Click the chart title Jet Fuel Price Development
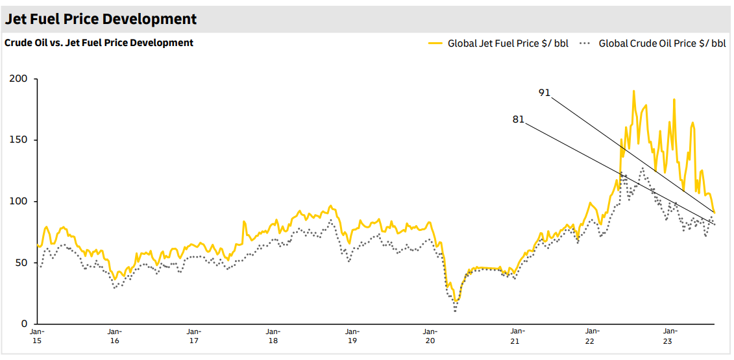coord(101,19)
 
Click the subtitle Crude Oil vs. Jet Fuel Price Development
coord(99,43)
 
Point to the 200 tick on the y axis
coord(19,79)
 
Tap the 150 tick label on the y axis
coord(19,140)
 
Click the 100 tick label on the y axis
coord(19,202)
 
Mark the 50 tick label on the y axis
coord(21,263)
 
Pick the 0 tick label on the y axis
coord(24,324)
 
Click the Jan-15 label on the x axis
coord(36,336)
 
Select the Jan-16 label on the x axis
coord(115,336)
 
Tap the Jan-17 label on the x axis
coord(193,336)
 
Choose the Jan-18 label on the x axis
coord(273,336)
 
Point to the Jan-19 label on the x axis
coord(352,336)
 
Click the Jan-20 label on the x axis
coord(430,336)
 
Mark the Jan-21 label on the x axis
coord(514,336)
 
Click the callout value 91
coord(544,93)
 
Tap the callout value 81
coord(518,119)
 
